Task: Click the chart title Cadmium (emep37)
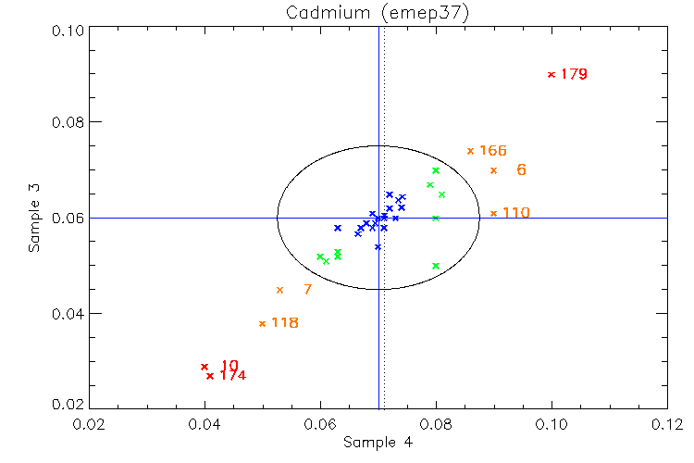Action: [x=377, y=12]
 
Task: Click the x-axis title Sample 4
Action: [x=378, y=443]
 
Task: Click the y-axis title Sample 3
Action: [x=34, y=218]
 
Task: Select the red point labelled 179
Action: [x=551, y=74]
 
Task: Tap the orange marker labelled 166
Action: [x=470, y=151]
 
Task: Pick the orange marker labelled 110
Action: [x=493, y=213]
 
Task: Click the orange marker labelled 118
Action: [x=262, y=323]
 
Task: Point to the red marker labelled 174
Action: [x=210, y=376]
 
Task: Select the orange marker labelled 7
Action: [x=279, y=290]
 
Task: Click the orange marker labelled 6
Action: [x=493, y=170]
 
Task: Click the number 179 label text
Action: [x=574, y=74]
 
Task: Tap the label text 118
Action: [x=284, y=323]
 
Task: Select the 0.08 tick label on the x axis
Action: [x=436, y=424]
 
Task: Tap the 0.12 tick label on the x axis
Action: [x=667, y=424]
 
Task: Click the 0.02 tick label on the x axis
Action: [x=89, y=424]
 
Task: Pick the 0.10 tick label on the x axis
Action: [x=551, y=424]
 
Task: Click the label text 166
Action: [x=492, y=151]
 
